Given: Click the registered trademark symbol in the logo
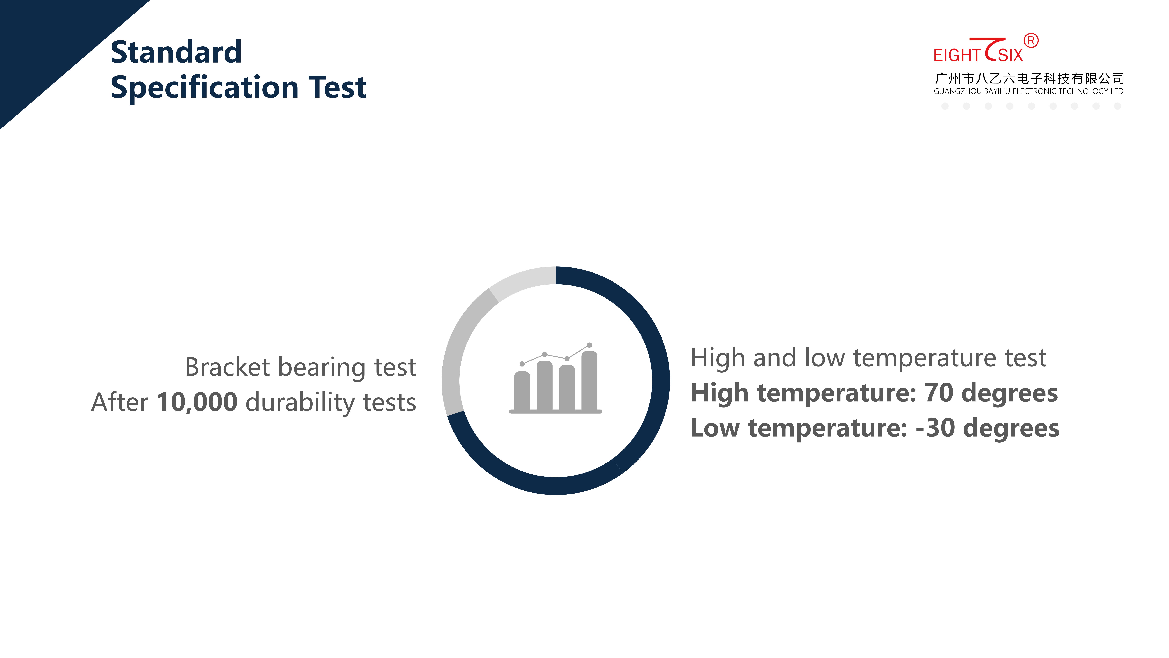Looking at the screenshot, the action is [x=1031, y=41].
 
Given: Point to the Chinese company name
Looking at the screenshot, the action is [x=1029, y=79].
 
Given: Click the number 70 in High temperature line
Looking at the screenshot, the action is [x=938, y=393].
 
